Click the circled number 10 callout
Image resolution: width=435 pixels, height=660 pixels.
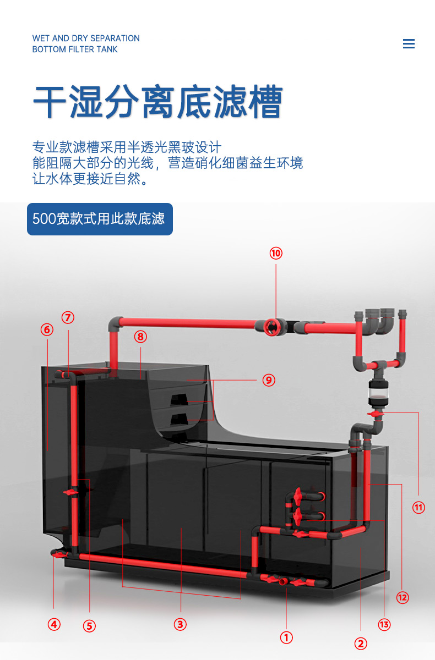[276, 253]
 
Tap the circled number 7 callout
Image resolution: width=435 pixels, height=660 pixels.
[68, 317]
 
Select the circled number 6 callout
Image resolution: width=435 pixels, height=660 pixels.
[47, 329]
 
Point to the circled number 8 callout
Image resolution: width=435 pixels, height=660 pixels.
[140, 337]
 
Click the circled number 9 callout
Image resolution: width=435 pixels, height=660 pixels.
[269, 380]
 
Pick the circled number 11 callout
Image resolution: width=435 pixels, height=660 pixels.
[418, 507]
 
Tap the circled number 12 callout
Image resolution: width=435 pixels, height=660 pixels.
[403, 597]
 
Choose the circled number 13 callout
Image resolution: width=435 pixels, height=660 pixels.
[384, 624]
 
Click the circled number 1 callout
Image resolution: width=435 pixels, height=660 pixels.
[286, 637]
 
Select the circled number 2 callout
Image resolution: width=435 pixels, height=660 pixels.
[361, 643]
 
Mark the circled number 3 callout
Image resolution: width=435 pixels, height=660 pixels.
[180, 624]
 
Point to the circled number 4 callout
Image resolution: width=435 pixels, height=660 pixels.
[54, 624]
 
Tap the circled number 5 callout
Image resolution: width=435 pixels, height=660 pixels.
[89, 626]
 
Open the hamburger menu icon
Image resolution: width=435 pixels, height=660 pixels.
[409, 43]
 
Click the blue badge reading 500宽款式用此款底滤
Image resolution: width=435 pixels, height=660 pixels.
[100, 219]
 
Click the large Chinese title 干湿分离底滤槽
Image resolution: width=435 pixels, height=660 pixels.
[158, 102]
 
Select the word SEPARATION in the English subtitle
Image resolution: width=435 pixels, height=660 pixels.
[115, 38]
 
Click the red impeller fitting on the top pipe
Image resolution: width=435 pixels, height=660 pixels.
[271, 327]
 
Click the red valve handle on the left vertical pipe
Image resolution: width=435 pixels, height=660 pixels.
[71, 492]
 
